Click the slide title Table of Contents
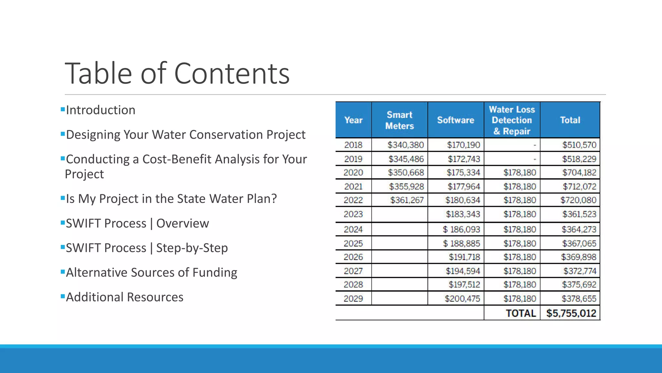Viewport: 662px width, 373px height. coord(177,73)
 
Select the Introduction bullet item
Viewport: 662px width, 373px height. coord(101,110)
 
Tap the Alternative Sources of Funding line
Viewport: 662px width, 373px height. coord(151,273)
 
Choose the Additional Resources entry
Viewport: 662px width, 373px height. coord(124,297)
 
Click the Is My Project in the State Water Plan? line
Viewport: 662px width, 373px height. coord(171,199)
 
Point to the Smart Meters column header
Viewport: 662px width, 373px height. coord(400,120)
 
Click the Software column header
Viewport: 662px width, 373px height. coord(455,120)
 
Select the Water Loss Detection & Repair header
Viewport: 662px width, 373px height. coord(512,120)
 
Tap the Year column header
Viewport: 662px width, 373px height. coord(353,120)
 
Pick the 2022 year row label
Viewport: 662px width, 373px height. coord(353,200)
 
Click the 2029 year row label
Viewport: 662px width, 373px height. coord(353,299)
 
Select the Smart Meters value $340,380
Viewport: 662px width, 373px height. coord(406,145)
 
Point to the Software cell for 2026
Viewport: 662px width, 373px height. coord(464,257)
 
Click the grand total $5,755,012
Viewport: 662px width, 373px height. coord(571,313)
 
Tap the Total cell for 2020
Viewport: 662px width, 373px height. coord(579,173)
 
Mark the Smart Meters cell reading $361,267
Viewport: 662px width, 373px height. coord(407,200)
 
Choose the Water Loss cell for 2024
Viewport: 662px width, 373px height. coord(519,229)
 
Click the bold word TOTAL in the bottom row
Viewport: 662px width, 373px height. coord(521,313)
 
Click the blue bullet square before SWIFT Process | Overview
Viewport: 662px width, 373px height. coord(63,222)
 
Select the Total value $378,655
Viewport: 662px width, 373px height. coord(579,299)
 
